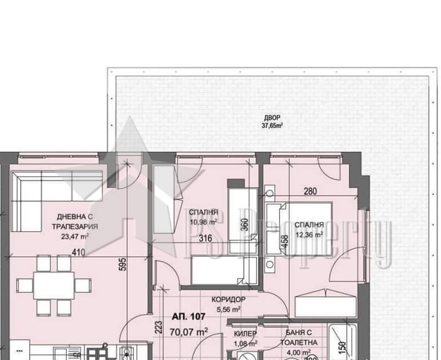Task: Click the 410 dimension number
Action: pos(78,253)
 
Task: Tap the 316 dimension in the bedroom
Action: pos(205,238)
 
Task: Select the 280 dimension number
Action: pos(311,192)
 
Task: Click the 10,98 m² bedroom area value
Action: pos(203,222)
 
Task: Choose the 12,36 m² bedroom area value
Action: pos(309,234)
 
